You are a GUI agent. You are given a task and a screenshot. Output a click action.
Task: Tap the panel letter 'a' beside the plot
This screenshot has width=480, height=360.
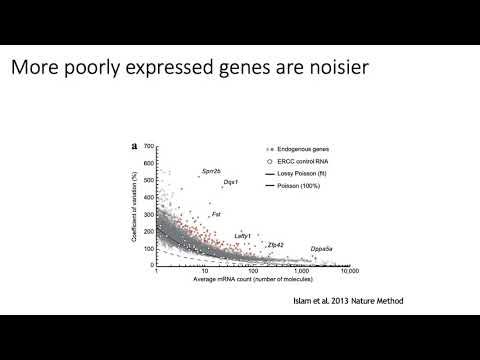[x=134, y=146]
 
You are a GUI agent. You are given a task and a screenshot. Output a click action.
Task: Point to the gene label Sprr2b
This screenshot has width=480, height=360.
[x=211, y=172]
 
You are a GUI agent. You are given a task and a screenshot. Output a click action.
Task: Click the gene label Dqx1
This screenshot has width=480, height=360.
[x=230, y=183]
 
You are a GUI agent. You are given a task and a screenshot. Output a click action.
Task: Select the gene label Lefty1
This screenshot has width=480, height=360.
[x=243, y=236]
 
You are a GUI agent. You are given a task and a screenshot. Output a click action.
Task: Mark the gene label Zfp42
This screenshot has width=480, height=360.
[x=275, y=244]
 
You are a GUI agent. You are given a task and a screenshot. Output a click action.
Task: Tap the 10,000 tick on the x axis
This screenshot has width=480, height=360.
[x=349, y=272]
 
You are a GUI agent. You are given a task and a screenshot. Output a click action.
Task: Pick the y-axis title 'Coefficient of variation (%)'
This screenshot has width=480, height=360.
[x=139, y=205]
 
